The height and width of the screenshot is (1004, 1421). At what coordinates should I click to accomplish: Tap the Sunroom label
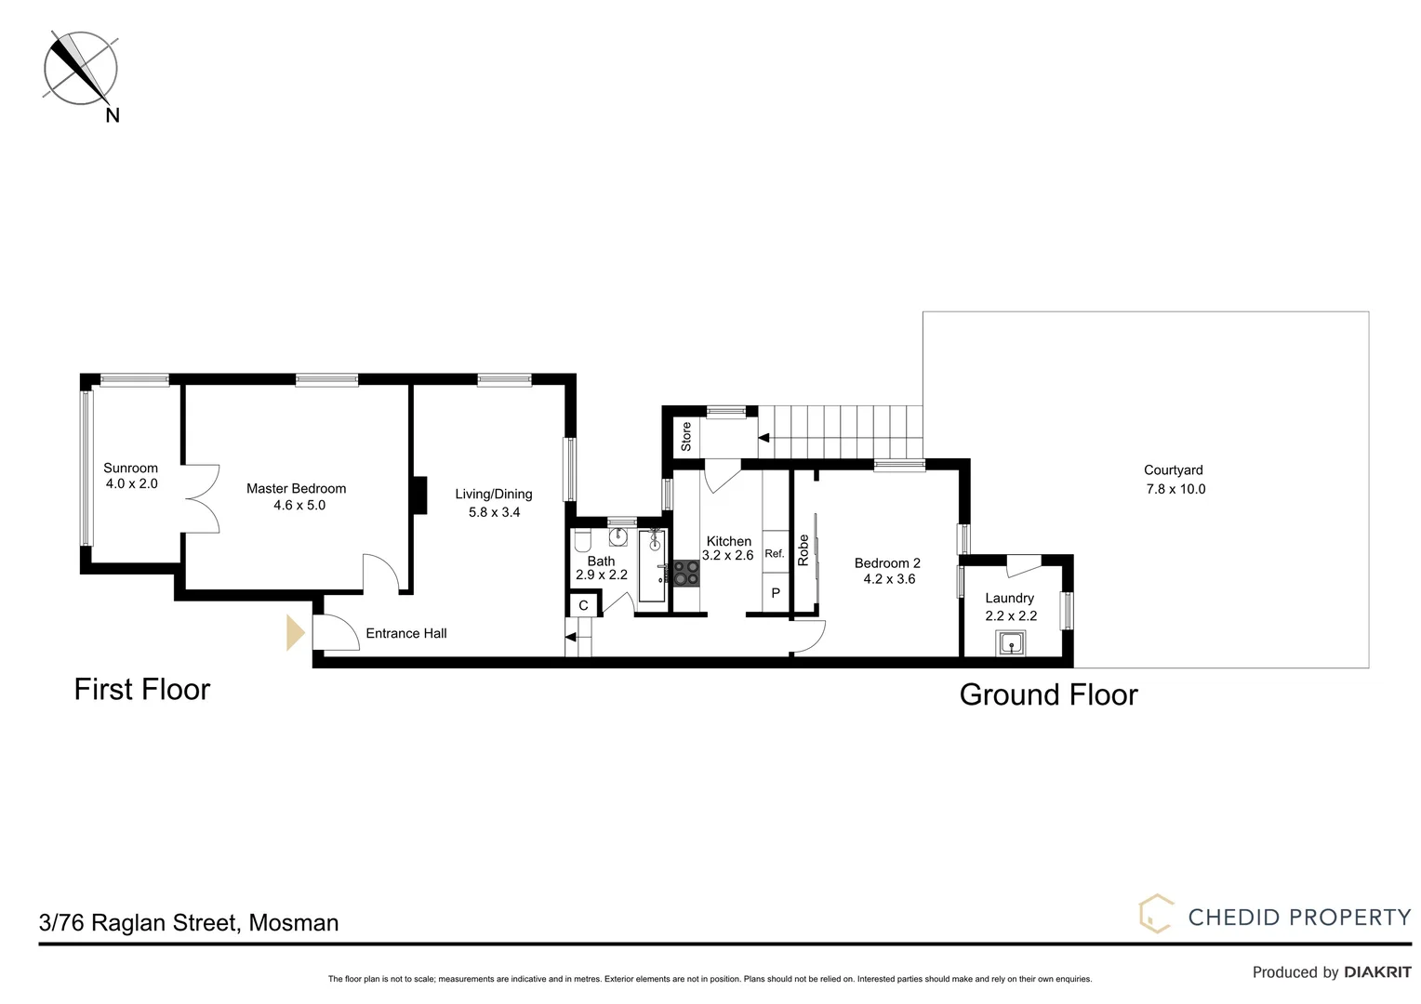130,468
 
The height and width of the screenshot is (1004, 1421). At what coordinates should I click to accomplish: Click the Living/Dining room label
493,494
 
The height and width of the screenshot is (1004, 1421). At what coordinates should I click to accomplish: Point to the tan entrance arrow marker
296,633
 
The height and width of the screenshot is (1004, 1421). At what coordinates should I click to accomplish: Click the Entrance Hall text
406,633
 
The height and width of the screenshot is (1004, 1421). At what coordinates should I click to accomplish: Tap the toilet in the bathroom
583,541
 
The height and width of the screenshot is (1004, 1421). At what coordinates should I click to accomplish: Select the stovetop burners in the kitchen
687,572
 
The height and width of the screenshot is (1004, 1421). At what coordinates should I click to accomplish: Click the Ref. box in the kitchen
775,553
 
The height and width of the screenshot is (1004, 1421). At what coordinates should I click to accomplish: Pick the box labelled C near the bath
583,606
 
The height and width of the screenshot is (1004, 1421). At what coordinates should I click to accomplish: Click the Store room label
686,436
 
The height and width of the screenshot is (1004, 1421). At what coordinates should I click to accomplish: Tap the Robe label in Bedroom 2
803,550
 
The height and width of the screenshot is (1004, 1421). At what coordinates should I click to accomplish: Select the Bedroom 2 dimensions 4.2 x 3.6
889,579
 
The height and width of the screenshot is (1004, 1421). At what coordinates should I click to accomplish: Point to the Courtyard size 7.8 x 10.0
1175,489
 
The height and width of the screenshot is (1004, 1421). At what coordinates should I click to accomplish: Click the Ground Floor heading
1048,694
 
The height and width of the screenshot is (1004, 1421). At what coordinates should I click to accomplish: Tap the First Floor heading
142,689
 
